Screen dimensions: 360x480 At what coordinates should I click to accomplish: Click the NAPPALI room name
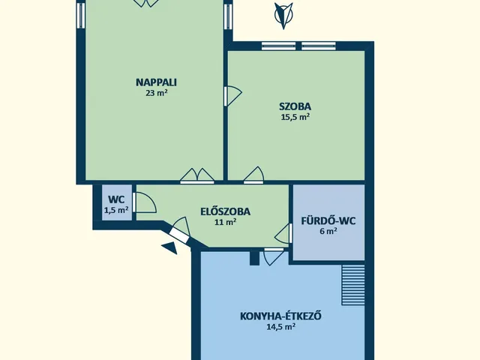(x=151, y=82)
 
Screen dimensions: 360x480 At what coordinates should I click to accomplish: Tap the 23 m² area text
(x=156, y=94)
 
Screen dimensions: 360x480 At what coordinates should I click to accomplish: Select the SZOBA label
(x=295, y=106)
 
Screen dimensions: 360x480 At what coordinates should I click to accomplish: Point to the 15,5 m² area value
(x=295, y=117)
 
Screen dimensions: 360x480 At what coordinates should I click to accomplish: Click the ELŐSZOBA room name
(x=225, y=211)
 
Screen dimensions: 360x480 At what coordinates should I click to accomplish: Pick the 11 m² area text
(x=226, y=222)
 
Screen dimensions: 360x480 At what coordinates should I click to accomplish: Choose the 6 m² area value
(x=328, y=232)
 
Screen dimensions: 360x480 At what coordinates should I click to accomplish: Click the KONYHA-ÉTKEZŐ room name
(x=281, y=315)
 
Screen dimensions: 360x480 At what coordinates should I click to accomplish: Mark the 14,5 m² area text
(x=281, y=327)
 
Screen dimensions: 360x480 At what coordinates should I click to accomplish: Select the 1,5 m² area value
(x=116, y=211)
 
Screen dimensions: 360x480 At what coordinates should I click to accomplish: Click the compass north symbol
(x=283, y=15)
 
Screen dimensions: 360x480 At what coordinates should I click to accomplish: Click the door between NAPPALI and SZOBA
(x=233, y=95)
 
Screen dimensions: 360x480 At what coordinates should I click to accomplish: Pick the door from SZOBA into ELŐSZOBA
(x=254, y=175)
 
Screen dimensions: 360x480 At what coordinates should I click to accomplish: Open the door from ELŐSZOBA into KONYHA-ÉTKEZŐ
(x=274, y=256)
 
